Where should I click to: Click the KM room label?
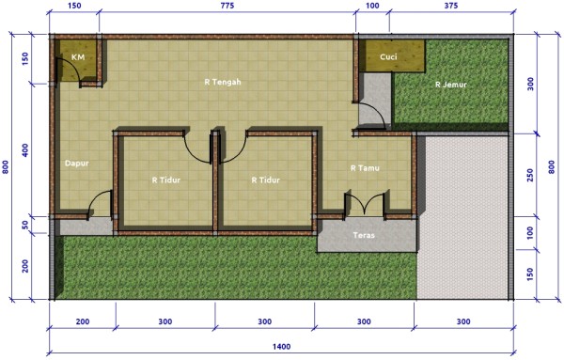click(x=78, y=57)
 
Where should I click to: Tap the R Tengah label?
click(x=223, y=83)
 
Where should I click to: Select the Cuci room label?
click(x=388, y=56)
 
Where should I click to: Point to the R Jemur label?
click(x=450, y=85)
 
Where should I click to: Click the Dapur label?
click(x=77, y=164)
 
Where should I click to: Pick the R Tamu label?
click(x=365, y=168)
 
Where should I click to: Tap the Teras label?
click(x=364, y=235)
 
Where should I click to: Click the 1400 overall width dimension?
click(x=281, y=347)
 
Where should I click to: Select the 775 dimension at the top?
click(x=227, y=6)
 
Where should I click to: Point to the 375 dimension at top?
click(x=450, y=6)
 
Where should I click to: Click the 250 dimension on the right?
click(x=530, y=175)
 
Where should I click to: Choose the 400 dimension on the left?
click(x=24, y=150)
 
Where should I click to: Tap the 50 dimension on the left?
click(x=24, y=226)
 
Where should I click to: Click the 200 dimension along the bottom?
click(x=83, y=321)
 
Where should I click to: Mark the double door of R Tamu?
click(x=365, y=204)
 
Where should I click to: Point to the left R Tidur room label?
click(x=165, y=180)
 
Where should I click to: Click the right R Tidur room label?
click(x=265, y=180)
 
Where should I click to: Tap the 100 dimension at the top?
click(x=372, y=6)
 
